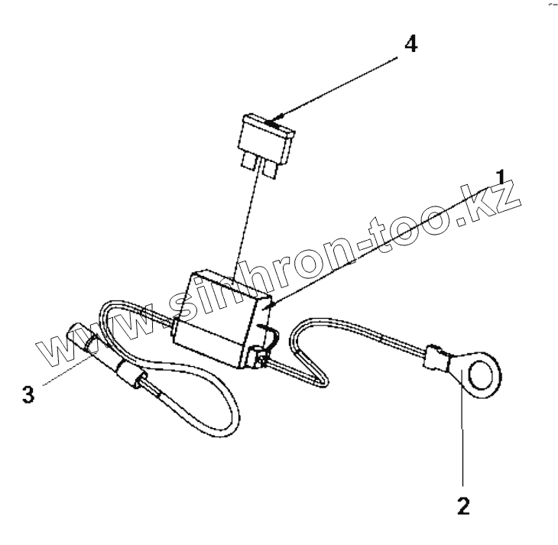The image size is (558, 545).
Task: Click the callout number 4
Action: pyautogui.click(x=410, y=44)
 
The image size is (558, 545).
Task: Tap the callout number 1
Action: pyautogui.click(x=501, y=180)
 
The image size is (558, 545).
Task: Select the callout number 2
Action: pyautogui.click(x=464, y=505)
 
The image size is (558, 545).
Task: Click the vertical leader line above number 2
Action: pyautogui.click(x=462, y=436)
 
